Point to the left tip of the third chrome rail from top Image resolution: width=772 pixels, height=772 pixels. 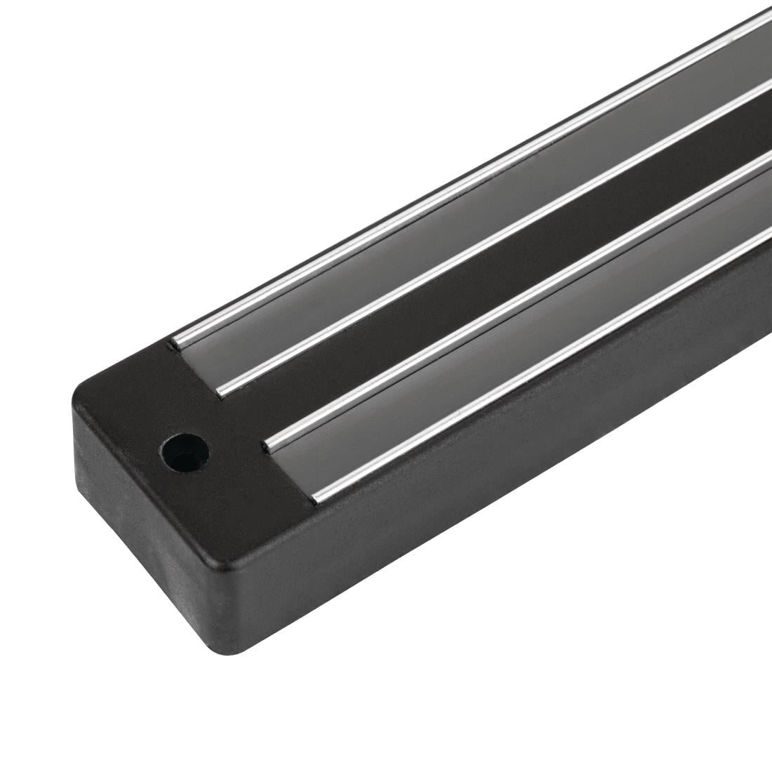tap(272, 441)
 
